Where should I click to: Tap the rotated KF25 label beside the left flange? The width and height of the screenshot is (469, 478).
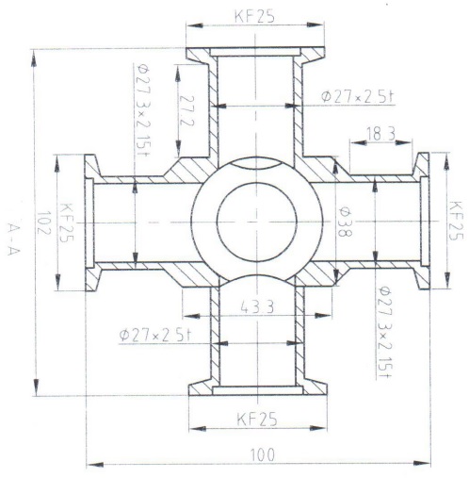(66, 222)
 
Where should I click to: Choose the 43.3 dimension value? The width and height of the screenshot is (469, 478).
(256, 307)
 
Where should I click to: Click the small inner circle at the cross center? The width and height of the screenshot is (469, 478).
(256, 223)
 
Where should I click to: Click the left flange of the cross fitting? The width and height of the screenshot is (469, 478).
(91, 223)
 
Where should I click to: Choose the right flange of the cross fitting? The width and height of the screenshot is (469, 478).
(421, 223)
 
